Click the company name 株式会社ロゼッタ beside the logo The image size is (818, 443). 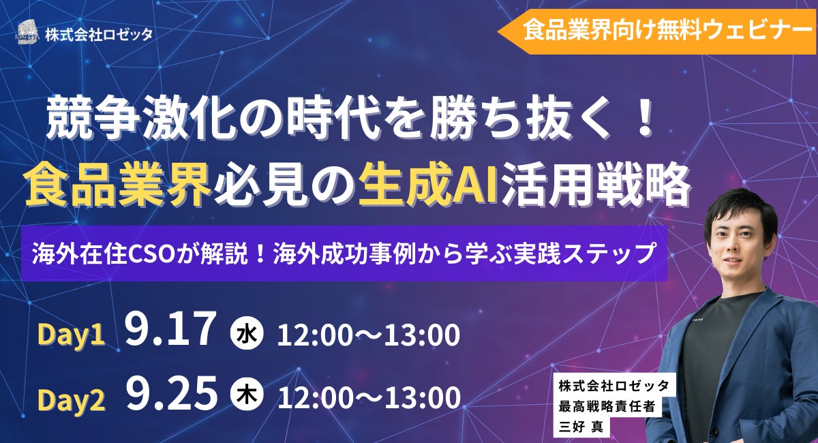pos(99,33)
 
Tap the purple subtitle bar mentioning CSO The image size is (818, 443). pos(344,254)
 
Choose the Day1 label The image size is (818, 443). pos(71,335)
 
